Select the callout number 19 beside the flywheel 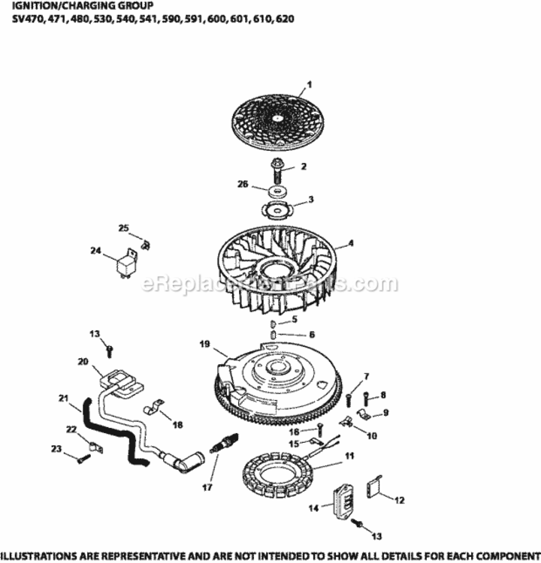(x=204, y=345)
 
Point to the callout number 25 (x=123, y=227)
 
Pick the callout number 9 (x=385, y=412)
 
